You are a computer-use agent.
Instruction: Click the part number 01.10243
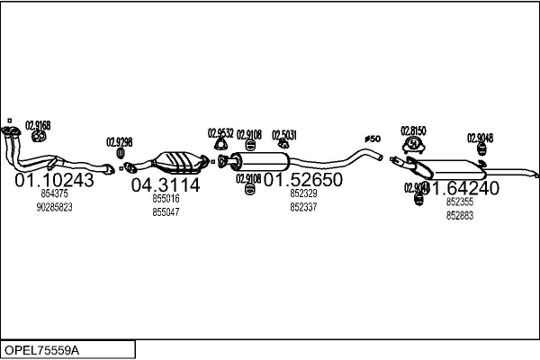[54, 180]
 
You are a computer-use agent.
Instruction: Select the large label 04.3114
[166, 185]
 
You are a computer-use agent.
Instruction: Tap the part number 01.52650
[303, 180]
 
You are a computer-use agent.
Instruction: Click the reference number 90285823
[54, 207]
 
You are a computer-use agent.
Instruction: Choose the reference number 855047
[166, 211]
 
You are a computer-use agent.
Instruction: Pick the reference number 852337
[303, 206]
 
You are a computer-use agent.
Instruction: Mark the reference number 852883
[459, 216]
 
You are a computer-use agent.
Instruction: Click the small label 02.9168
[38, 125]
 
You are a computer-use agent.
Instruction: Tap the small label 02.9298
[120, 141]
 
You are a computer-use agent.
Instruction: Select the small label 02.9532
[220, 133]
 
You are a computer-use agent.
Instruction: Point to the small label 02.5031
[284, 134]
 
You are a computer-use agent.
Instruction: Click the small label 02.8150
[413, 130]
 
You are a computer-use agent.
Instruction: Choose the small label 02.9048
[480, 138]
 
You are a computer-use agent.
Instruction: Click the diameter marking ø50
[373, 138]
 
